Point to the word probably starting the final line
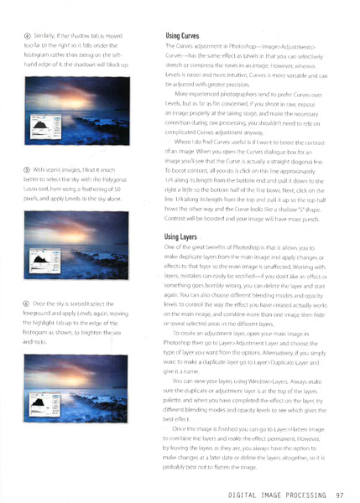click(x=175, y=467)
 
